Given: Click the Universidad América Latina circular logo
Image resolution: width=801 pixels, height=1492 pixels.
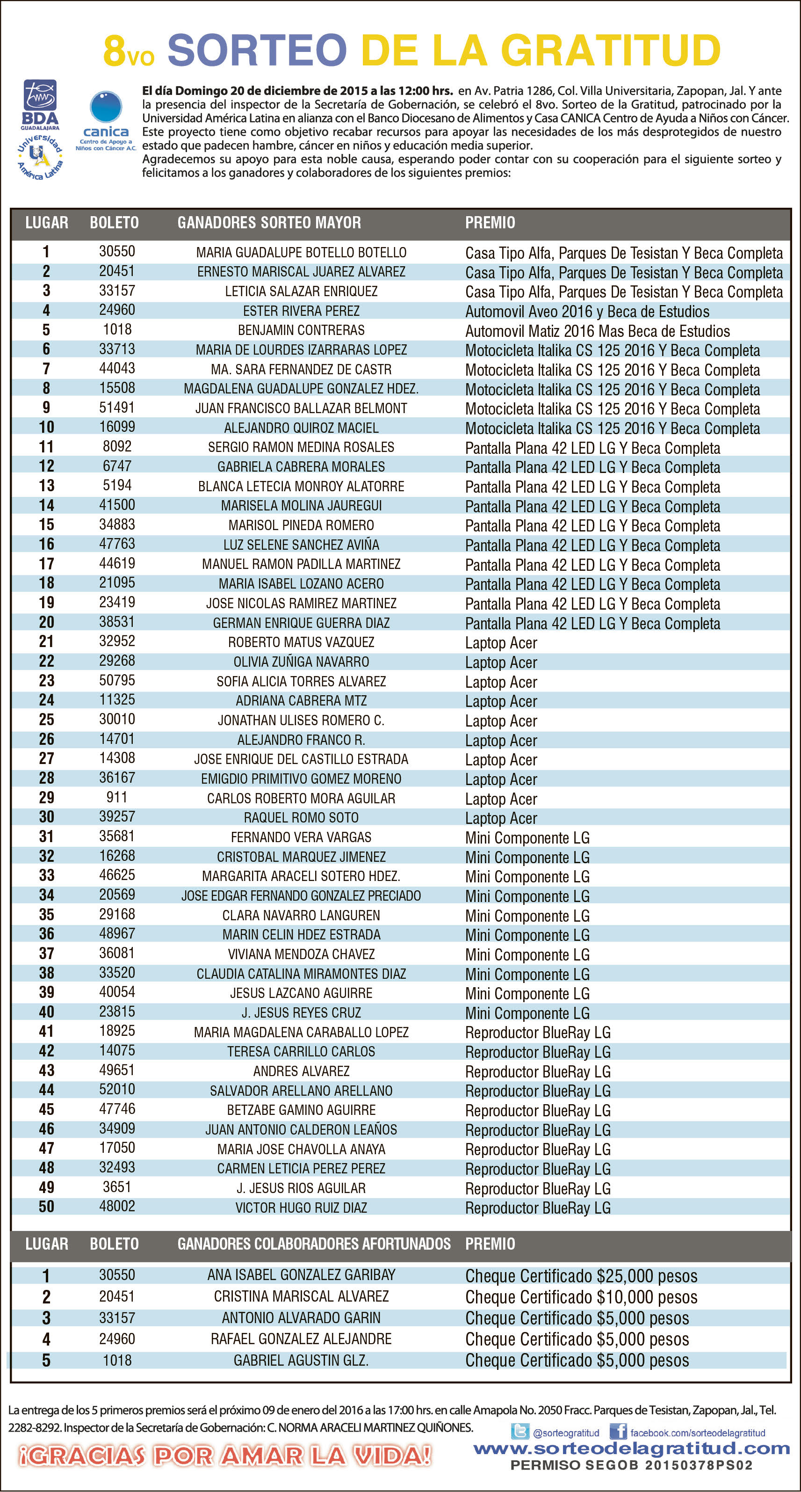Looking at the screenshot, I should pyautogui.click(x=39, y=156).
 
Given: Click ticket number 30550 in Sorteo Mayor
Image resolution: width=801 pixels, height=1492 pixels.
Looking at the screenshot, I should pyautogui.click(x=117, y=251).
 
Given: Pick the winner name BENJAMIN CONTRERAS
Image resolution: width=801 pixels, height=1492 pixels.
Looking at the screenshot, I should pyautogui.click(x=301, y=330).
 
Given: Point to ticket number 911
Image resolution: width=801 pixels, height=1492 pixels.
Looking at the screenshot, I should pyautogui.click(x=117, y=798).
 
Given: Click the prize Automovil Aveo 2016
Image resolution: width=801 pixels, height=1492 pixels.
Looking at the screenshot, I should pyautogui.click(x=587, y=312).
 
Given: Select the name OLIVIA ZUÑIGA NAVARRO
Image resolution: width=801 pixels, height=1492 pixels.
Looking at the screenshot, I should pyautogui.click(x=301, y=662).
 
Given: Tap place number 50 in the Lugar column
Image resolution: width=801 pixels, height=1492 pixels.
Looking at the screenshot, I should pyautogui.click(x=46, y=1207).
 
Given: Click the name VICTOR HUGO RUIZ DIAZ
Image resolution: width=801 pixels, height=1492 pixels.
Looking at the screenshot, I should pyautogui.click(x=301, y=1208).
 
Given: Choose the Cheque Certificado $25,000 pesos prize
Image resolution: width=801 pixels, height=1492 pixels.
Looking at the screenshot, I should pyautogui.click(x=581, y=1276).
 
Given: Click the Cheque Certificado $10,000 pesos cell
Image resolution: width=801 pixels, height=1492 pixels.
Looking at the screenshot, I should pyautogui.click(x=581, y=1297).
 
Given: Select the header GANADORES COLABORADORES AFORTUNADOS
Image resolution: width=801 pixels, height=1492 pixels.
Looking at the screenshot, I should pyautogui.click(x=314, y=1244).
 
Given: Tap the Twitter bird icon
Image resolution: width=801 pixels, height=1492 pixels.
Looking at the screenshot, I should pyautogui.click(x=520, y=1432).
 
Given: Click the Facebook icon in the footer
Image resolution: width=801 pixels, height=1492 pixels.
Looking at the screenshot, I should pyautogui.click(x=618, y=1431).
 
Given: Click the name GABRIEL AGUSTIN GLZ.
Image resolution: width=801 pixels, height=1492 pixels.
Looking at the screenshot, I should pyautogui.click(x=301, y=1361).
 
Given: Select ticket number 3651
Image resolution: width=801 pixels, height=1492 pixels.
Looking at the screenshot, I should pyautogui.click(x=117, y=1187).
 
